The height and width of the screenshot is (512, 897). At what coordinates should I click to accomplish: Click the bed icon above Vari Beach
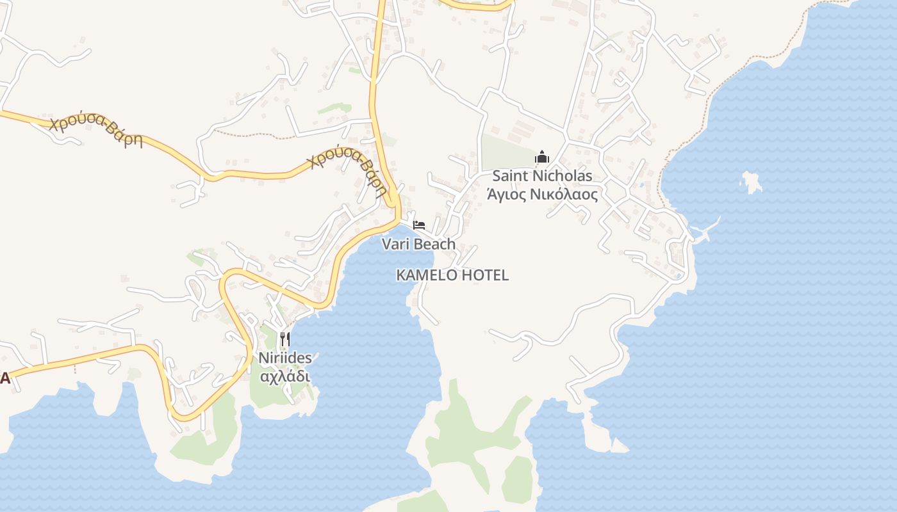pos(419,225)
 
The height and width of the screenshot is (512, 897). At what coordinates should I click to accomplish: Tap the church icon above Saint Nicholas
pos(542,157)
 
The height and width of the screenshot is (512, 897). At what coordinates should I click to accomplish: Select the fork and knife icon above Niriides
pos(285,339)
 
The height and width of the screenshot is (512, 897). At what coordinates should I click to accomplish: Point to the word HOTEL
pos(485,275)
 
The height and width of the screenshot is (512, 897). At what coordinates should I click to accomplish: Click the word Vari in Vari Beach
pos(395,244)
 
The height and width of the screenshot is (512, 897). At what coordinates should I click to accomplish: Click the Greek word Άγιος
pos(507,195)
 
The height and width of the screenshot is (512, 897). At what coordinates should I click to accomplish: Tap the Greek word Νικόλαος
pos(564,195)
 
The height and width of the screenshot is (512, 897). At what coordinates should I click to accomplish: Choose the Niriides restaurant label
pos(285,358)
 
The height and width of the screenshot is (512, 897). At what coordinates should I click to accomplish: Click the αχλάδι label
pos(285,376)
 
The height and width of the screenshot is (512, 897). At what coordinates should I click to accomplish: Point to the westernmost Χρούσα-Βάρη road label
pos(96,131)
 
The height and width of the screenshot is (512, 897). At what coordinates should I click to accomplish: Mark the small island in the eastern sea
pos(752,182)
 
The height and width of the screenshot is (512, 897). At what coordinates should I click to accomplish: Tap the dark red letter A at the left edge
pos(4,378)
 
